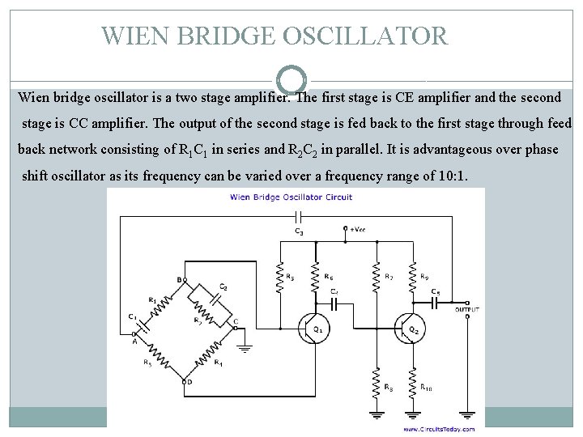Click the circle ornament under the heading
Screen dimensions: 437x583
pos(291,79)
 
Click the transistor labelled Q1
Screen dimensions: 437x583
pos(311,328)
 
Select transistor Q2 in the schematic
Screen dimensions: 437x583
pos(409,328)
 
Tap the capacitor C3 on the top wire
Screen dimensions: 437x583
pos(298,218)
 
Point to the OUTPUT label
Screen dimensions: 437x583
pos(467,310)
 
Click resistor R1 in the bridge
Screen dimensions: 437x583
pos(161,305)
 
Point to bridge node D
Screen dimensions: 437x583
pos(188,380)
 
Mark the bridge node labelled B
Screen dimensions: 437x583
pos(180,280)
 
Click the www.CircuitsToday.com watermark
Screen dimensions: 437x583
pos(436,429)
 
